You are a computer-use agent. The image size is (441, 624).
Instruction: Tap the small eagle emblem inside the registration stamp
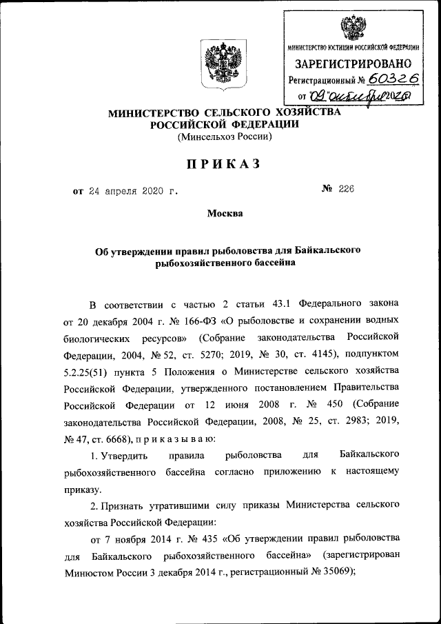pos(353,27)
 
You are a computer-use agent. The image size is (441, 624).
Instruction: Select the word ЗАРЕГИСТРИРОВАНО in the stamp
pos(353,64)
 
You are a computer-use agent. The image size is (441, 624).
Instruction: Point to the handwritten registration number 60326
pos(393,79)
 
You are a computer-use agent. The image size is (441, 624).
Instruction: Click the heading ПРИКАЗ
pos(220,163)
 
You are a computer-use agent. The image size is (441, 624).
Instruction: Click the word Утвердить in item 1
pos(119,456)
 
